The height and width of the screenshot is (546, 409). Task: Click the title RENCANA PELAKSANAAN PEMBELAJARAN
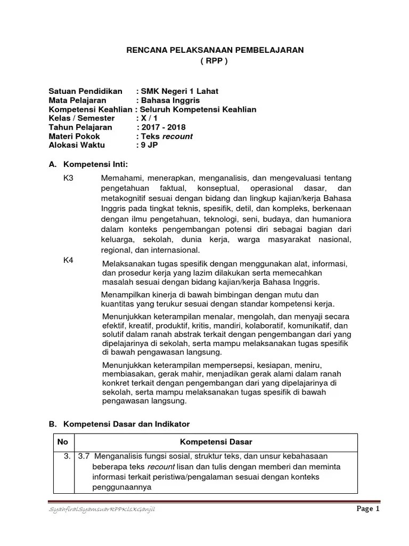[214, 50]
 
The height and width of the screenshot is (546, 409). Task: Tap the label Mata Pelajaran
[77, 100]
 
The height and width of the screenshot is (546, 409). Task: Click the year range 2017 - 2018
[162, 127]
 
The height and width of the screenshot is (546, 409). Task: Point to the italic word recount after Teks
[177, 136]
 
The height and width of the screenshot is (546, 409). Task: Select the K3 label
[69, 178]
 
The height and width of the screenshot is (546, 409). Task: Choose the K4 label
[69, 260]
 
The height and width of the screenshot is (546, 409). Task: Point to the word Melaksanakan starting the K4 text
[127, 263]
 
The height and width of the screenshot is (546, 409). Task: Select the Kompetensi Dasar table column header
[216, 442]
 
